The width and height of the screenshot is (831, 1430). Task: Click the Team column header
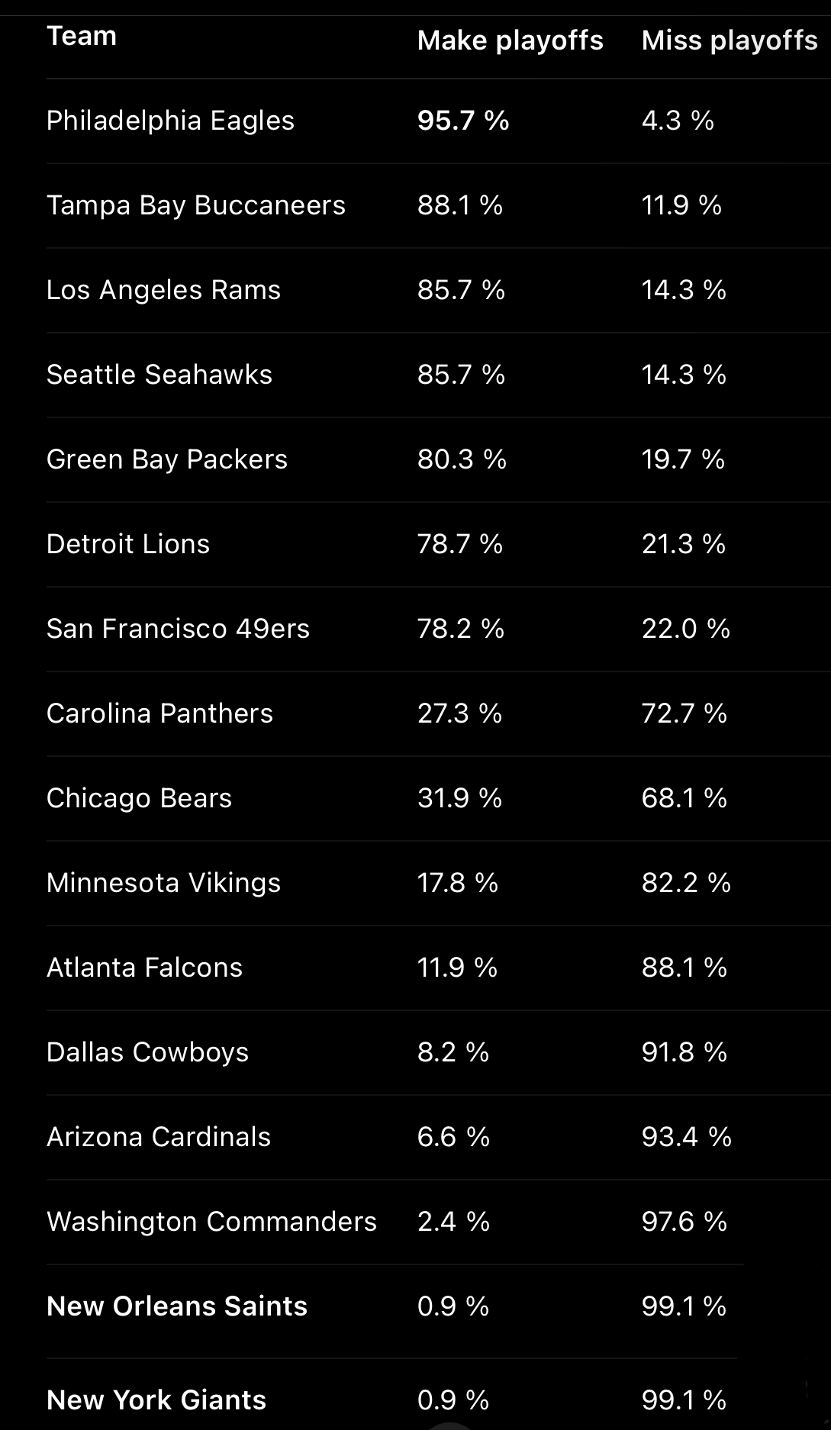click(82, 36)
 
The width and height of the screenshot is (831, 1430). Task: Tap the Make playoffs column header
click(510, 40)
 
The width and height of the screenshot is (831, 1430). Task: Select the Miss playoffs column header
click(729, 40)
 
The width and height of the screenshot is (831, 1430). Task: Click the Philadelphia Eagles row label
click(170, 121)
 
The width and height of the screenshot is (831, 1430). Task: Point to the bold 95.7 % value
click(462, 121)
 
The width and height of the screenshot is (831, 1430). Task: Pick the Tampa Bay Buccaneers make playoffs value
click(459, 205)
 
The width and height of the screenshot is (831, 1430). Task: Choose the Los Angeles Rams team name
click(163, 290)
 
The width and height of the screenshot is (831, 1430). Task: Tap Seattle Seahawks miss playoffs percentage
click(684, 375)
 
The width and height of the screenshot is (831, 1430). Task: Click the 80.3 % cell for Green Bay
click(462, 459)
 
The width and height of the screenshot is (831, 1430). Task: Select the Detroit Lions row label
click(128, 544)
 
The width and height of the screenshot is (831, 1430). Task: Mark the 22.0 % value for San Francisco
click(685, 629)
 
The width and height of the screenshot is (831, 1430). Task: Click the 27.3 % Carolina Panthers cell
click(459, 713)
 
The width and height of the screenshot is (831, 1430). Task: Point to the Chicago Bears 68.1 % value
click(684, 798)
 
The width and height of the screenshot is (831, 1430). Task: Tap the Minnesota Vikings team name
click(163, 883)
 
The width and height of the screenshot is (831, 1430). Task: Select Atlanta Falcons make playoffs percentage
click(457, 968)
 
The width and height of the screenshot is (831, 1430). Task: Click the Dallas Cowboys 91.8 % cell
click(684, 1052)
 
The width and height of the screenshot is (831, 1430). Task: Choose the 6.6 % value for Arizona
click(453, 1137)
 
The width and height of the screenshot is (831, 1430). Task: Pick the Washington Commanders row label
click(211, 1222)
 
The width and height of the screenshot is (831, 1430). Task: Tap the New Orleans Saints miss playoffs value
click(684, 1306)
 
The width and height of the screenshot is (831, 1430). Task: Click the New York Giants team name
click(156, 1400)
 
